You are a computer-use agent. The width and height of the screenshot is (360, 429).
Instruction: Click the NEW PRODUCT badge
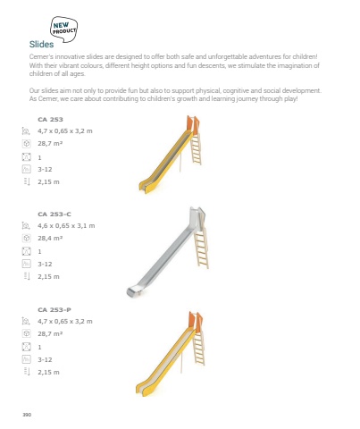point(63,29)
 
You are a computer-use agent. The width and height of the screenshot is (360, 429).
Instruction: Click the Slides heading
point(41,45)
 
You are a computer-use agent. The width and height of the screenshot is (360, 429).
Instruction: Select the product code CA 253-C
point(54,214)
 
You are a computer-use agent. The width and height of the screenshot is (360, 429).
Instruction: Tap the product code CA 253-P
point(54,310)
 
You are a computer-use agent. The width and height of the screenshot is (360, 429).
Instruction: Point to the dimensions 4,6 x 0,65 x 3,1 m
point(66,226)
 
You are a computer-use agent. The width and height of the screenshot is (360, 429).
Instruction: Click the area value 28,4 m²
point(50,239)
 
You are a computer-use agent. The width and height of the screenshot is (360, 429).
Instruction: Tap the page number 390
point(27,415)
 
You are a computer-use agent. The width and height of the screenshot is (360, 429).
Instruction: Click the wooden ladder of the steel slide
point(201,248)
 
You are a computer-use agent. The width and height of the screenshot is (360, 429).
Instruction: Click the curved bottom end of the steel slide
point(133,291)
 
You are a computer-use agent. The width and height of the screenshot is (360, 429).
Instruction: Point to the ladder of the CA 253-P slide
point(199,348)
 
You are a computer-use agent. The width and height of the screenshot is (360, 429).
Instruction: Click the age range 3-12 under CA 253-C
point(45,265)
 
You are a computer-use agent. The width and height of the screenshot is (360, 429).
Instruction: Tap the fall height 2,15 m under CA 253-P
point(48,373)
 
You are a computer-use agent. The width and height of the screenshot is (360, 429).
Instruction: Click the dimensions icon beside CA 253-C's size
point(26,226)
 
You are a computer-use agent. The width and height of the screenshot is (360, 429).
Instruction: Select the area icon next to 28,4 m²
point(27,239)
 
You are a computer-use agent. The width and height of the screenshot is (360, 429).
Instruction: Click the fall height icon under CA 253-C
point(27,276)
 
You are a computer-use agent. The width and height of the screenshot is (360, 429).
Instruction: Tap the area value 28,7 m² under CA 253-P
point(50,334)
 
